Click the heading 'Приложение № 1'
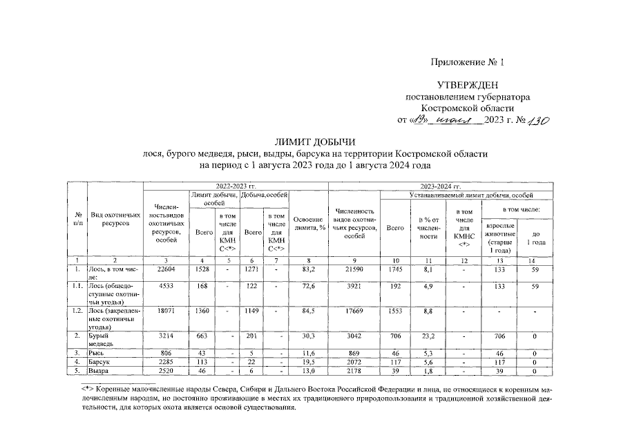pos(468,62)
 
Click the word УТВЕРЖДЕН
pos(468,85)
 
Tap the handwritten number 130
pos(535,120)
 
